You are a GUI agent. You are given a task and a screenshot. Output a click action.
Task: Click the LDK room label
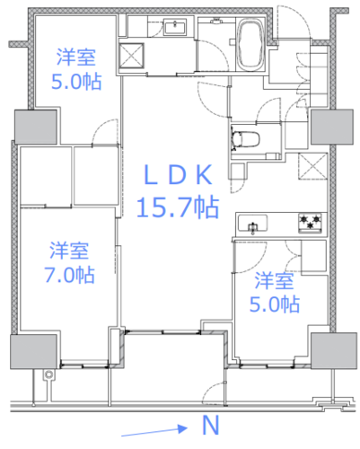tap(178, 175)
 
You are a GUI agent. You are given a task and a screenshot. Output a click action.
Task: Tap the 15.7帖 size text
tap(178, 207)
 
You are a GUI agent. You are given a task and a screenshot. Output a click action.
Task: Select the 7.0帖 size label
tap(70, 275)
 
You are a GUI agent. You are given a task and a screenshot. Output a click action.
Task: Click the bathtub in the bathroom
tap(251, 44)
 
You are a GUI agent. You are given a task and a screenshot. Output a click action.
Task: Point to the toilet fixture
tap(245, 139)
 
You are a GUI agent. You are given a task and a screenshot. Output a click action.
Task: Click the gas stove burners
tap(310, 223)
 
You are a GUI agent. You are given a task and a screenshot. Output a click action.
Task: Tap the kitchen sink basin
tap(252, 224)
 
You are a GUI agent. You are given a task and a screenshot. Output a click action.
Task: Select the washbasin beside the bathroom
tap(175, 27)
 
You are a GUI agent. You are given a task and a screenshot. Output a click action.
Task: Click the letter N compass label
tap(211, 425)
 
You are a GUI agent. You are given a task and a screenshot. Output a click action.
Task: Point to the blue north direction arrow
tap(154, 431)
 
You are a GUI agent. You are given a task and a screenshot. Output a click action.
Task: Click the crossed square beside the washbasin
tap(131, 56)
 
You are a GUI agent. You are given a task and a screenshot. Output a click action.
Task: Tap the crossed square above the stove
tap(313, 166)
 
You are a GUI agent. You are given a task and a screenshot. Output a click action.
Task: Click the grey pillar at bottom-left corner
tap(33, 352)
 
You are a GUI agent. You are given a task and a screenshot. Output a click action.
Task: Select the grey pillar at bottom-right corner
tap(334, 350)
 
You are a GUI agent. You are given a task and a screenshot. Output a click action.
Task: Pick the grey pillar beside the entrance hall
tap(332, 127)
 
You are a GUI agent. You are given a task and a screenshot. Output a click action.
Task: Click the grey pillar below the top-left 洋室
tap(36, 127)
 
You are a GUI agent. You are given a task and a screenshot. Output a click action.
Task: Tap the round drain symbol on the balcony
tap(48, 374)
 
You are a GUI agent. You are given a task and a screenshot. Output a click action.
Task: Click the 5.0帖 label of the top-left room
tap(76, 82)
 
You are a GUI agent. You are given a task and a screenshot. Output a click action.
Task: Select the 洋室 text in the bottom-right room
tap(274, 281)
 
